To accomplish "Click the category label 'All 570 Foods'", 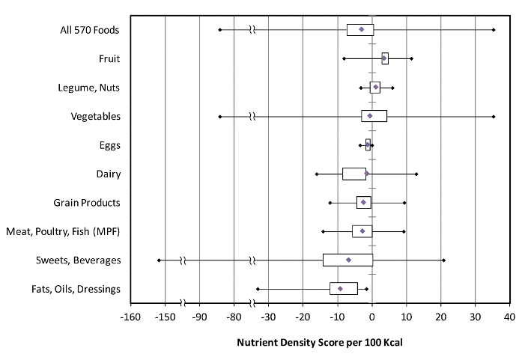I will tap(90, 30).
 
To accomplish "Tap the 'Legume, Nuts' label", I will tap(89, 88).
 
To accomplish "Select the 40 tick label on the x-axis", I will tap(509, 317).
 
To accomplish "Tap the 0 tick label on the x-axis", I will tap(372, 317).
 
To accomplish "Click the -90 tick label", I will tap(199, 317).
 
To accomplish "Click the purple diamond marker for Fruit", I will tap(384, 58).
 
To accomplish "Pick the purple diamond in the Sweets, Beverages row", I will tap(348, 260).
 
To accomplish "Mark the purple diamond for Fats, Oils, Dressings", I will tap(340, 288).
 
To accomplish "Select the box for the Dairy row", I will tap(354, 174).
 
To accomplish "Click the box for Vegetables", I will tap(374, 116).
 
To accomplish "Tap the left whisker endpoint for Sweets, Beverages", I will tap(159, 260).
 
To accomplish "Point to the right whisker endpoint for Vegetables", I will tap(494, 116).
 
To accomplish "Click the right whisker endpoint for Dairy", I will tap(416, 174).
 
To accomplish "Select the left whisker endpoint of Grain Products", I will tap(330, 202).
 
